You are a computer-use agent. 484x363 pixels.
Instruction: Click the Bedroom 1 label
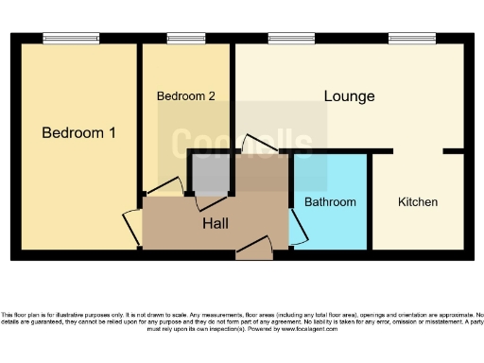click(78, 133)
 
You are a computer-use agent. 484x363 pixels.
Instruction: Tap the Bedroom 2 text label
click(186, 96)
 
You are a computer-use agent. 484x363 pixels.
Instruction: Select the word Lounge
click(349, 96)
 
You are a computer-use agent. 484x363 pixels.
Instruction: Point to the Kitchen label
click(417, 202)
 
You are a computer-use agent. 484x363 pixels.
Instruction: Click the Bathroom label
click(330, 202)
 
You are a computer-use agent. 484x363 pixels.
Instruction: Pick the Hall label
click(216, 223)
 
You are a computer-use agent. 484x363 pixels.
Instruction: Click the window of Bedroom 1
click(71, 39)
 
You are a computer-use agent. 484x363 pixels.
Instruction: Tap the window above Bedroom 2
click(185, 39)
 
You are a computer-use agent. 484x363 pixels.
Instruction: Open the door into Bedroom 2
click(165, 188)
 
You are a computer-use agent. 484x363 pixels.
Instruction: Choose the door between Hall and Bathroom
click(297, 227)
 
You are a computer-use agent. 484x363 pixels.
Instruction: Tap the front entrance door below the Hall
click(254, 250)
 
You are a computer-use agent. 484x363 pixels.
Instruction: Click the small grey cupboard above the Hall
click(210, 173)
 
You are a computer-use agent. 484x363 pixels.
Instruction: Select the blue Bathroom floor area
click(330, 180)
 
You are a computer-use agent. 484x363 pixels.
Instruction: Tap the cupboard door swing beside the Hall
click(210, 201)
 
